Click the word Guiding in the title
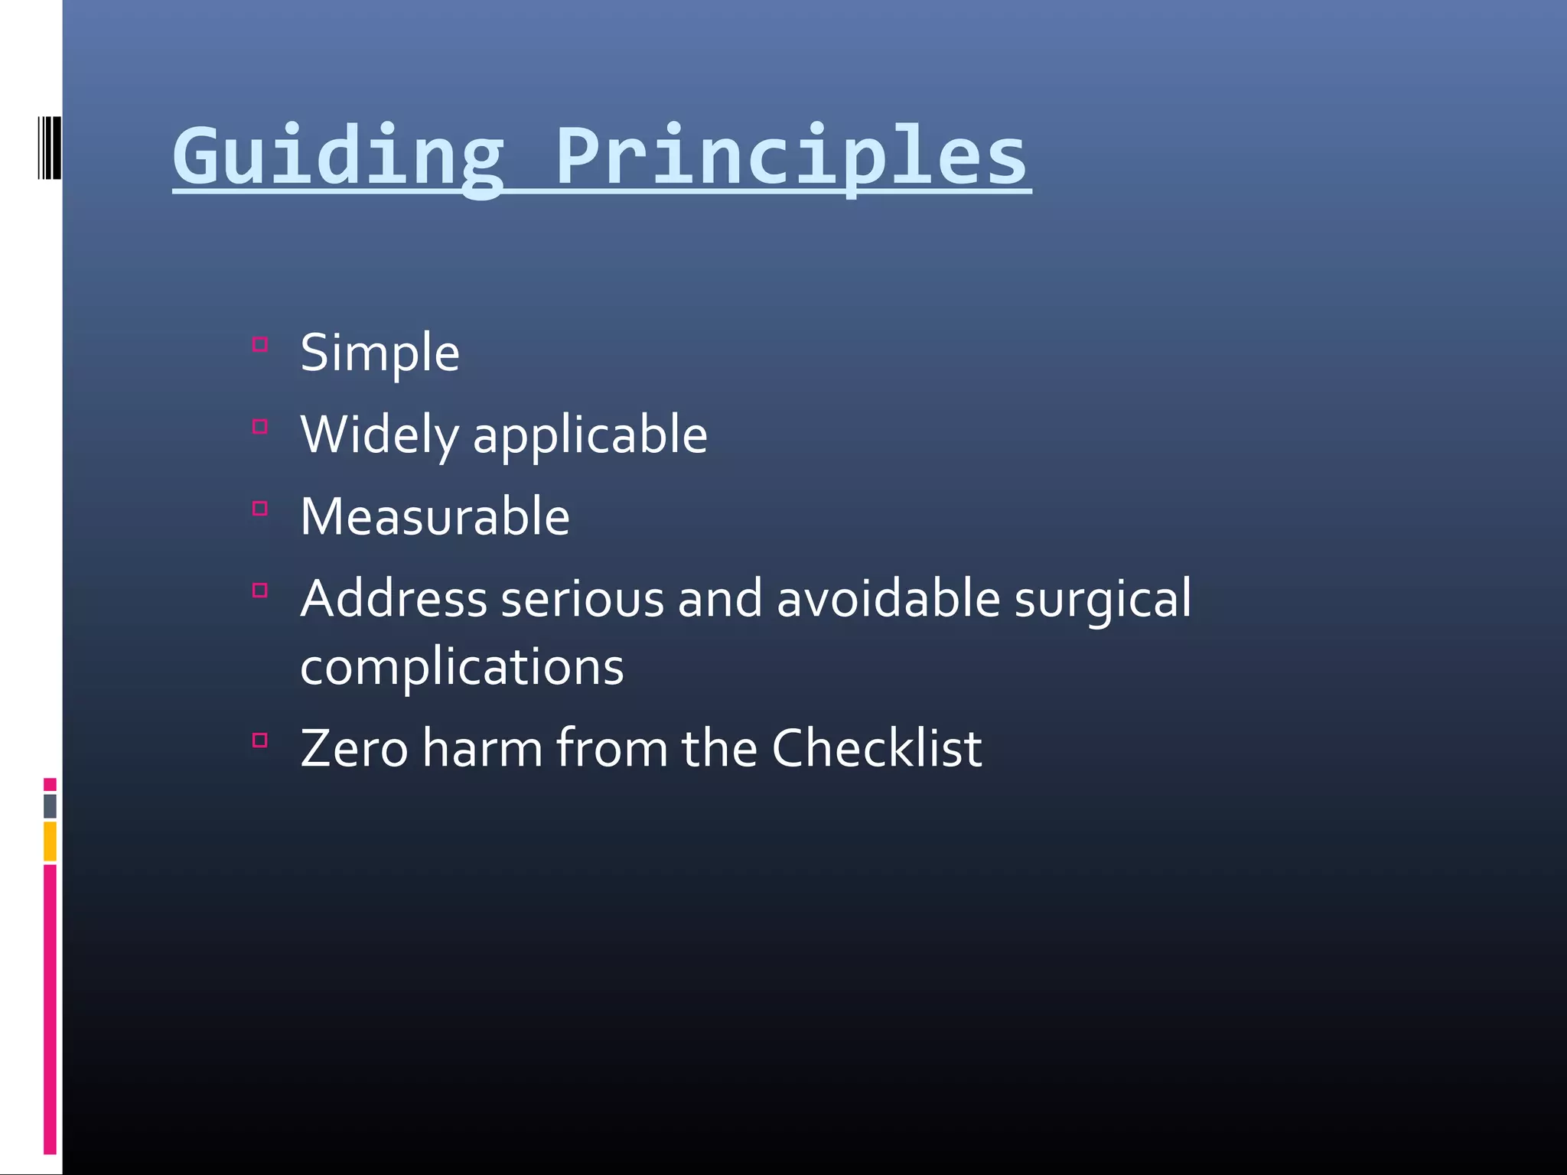coord(337,157)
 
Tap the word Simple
coord(380,354)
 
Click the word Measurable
coord(435,517)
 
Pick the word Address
coord(393,599)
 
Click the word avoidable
coord(888,599)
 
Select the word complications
coord(461,667)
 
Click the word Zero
coord(353,749)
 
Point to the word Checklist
coord(876,749)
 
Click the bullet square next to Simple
coord(260,344)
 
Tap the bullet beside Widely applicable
coord(260,426)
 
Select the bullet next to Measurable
coord(260,508)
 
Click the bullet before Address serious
coord(260,590)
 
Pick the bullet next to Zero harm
coord(260,740)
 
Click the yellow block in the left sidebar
coord(50,841)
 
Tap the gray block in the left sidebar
coord(50,806)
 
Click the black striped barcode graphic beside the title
coord(49,148)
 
